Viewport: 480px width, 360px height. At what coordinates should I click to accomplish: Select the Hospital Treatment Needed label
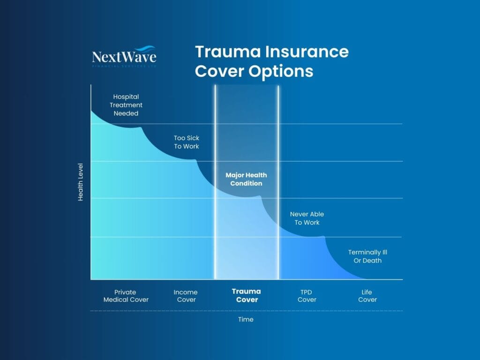(126, 105)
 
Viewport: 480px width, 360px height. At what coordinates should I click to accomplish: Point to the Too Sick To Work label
(187, 142)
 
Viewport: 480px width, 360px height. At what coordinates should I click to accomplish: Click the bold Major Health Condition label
(246, 179)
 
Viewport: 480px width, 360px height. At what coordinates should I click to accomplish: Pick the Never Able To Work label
(307, 218)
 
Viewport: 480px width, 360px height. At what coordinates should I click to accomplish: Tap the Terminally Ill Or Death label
(367, 256)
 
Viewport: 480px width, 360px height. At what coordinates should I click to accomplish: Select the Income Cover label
(186, 296)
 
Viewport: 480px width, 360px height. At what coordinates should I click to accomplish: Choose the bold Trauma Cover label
(247, 295)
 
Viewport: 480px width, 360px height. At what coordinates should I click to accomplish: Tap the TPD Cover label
(307, 296)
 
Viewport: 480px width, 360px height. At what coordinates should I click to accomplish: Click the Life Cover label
(367, 296)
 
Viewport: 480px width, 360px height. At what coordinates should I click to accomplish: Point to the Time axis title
(246, 320)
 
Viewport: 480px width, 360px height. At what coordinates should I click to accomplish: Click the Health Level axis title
(81, 182)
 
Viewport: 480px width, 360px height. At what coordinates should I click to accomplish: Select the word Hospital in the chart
(126, 97)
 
